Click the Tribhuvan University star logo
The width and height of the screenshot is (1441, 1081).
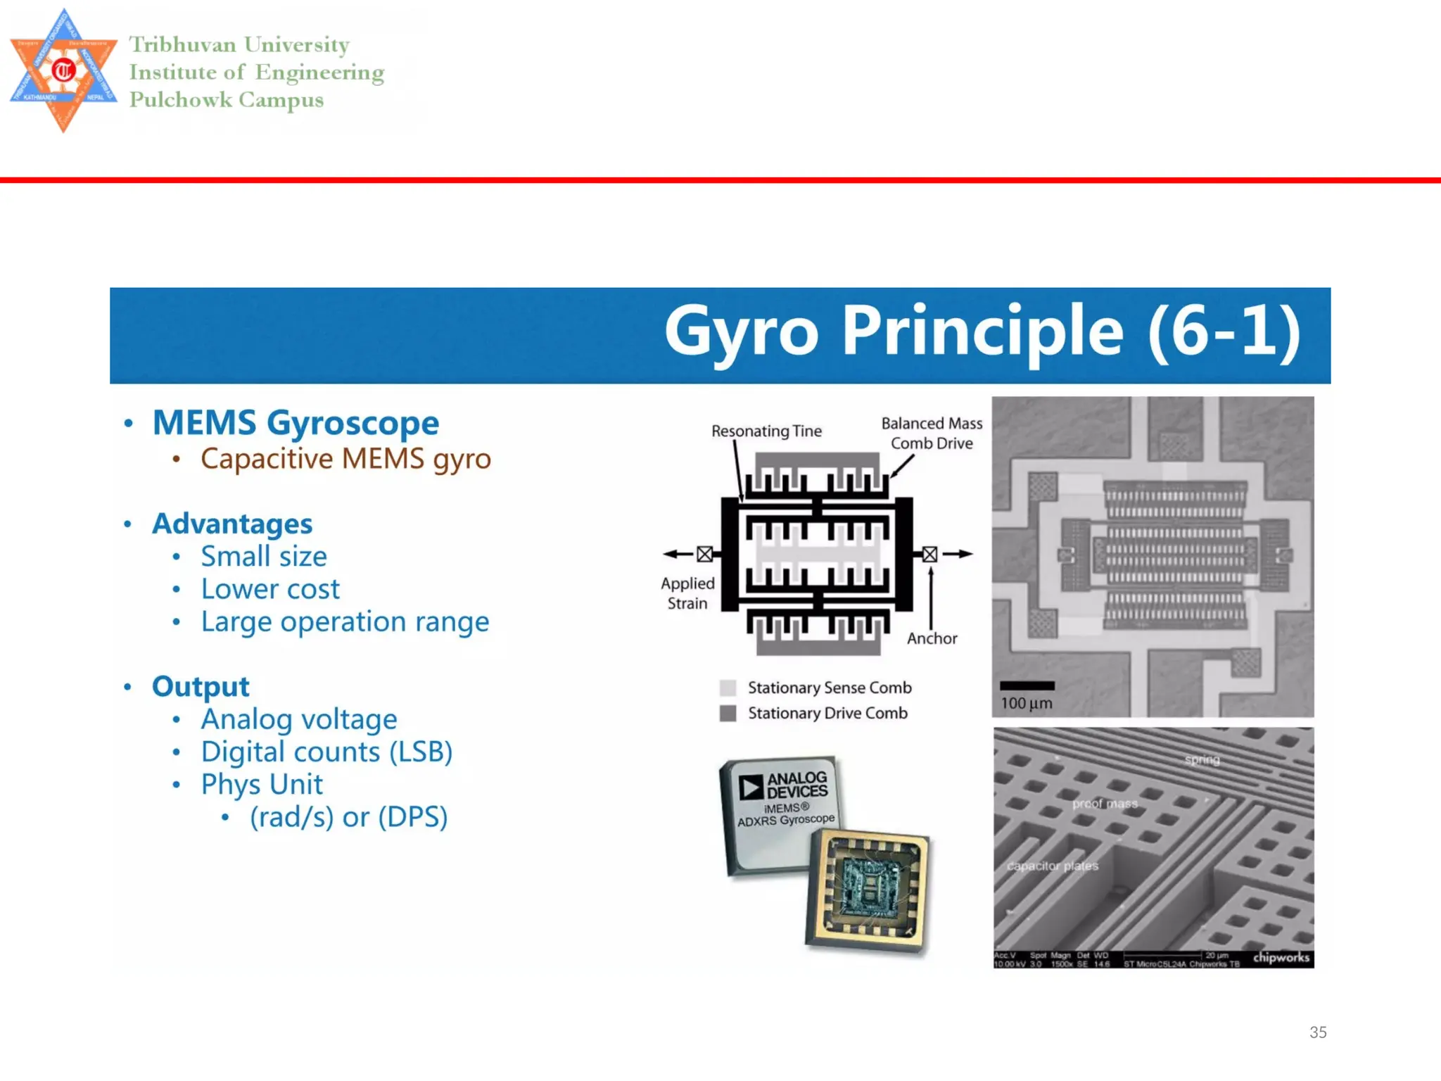click(63, 70)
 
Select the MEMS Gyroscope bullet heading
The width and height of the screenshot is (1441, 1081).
click(296, 423)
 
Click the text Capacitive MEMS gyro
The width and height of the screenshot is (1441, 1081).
click(345, 459)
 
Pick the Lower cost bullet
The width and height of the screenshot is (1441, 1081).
click(270, 589)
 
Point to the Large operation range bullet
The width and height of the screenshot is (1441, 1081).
click(345, 622)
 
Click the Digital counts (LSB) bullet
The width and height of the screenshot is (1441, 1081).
click(326, 752)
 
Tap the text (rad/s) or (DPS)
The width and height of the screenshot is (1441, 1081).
click(348, 817)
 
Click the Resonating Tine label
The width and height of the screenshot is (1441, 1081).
click(766, 431)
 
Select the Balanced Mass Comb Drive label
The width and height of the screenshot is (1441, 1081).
click(932, 433)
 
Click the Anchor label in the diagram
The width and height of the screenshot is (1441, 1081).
click(932, 638)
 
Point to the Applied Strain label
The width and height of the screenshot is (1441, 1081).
click(687, 593)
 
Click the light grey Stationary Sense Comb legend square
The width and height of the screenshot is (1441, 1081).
click(728, 688)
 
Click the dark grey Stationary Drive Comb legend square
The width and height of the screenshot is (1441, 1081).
click(728, 714)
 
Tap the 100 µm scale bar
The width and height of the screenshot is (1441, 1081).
click(1027, 685)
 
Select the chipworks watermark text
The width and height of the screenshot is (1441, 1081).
click(1281, 957)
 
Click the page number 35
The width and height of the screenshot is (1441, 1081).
click(1318, 1032)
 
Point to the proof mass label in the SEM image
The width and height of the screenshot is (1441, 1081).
click(1105, 804)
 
